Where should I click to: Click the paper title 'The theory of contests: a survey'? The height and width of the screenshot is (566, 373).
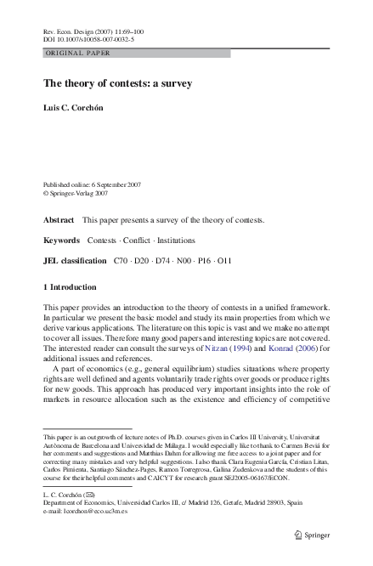pos(118,83)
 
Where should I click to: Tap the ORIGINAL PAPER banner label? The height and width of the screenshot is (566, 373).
pos(78,53)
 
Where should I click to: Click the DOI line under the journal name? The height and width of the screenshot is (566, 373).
pos(88,39)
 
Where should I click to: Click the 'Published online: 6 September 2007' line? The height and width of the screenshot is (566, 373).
pos(94,184)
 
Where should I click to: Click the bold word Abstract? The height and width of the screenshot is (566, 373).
pos(59,219)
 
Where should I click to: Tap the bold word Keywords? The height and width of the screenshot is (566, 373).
pos(61,241)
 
